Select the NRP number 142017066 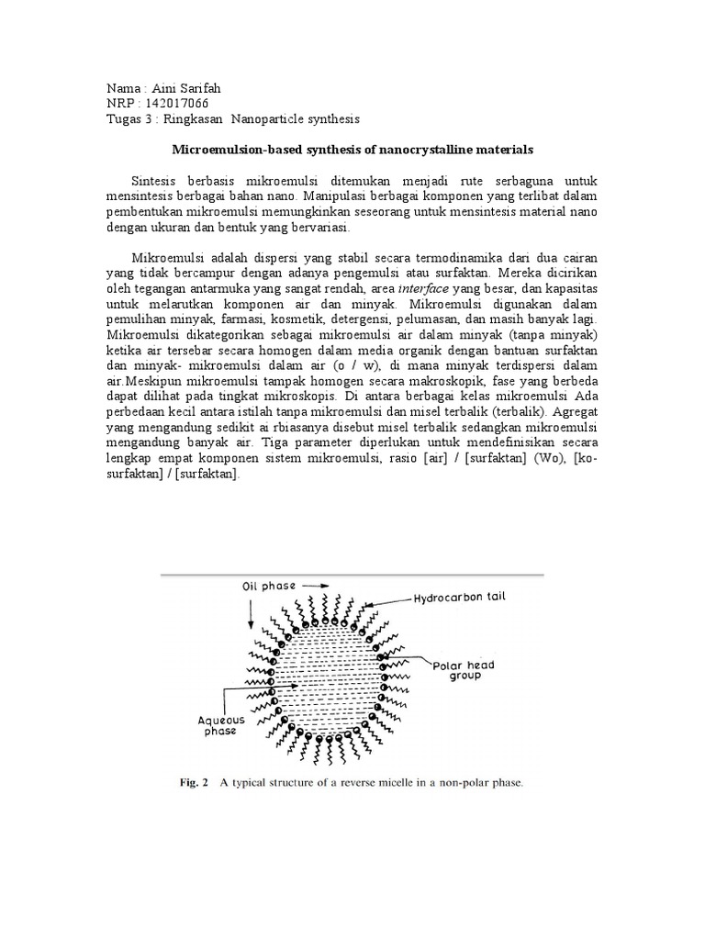pyautogui.click(x=181, y=104)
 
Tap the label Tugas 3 pyautogui.click(x=131, y=119)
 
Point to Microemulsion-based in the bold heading pyautogui.click(x=231, y=148)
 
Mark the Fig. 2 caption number pyautogui.click(x=193, y=783)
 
